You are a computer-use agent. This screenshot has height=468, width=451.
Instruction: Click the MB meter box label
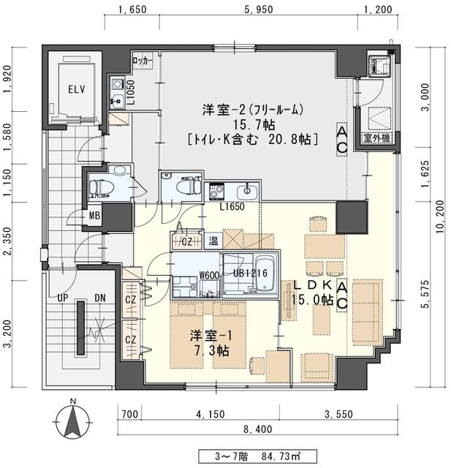point(94,216)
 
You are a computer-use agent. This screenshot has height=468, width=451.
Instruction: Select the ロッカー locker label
point(143,61)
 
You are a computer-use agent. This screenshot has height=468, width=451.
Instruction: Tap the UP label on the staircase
point(64,299)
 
